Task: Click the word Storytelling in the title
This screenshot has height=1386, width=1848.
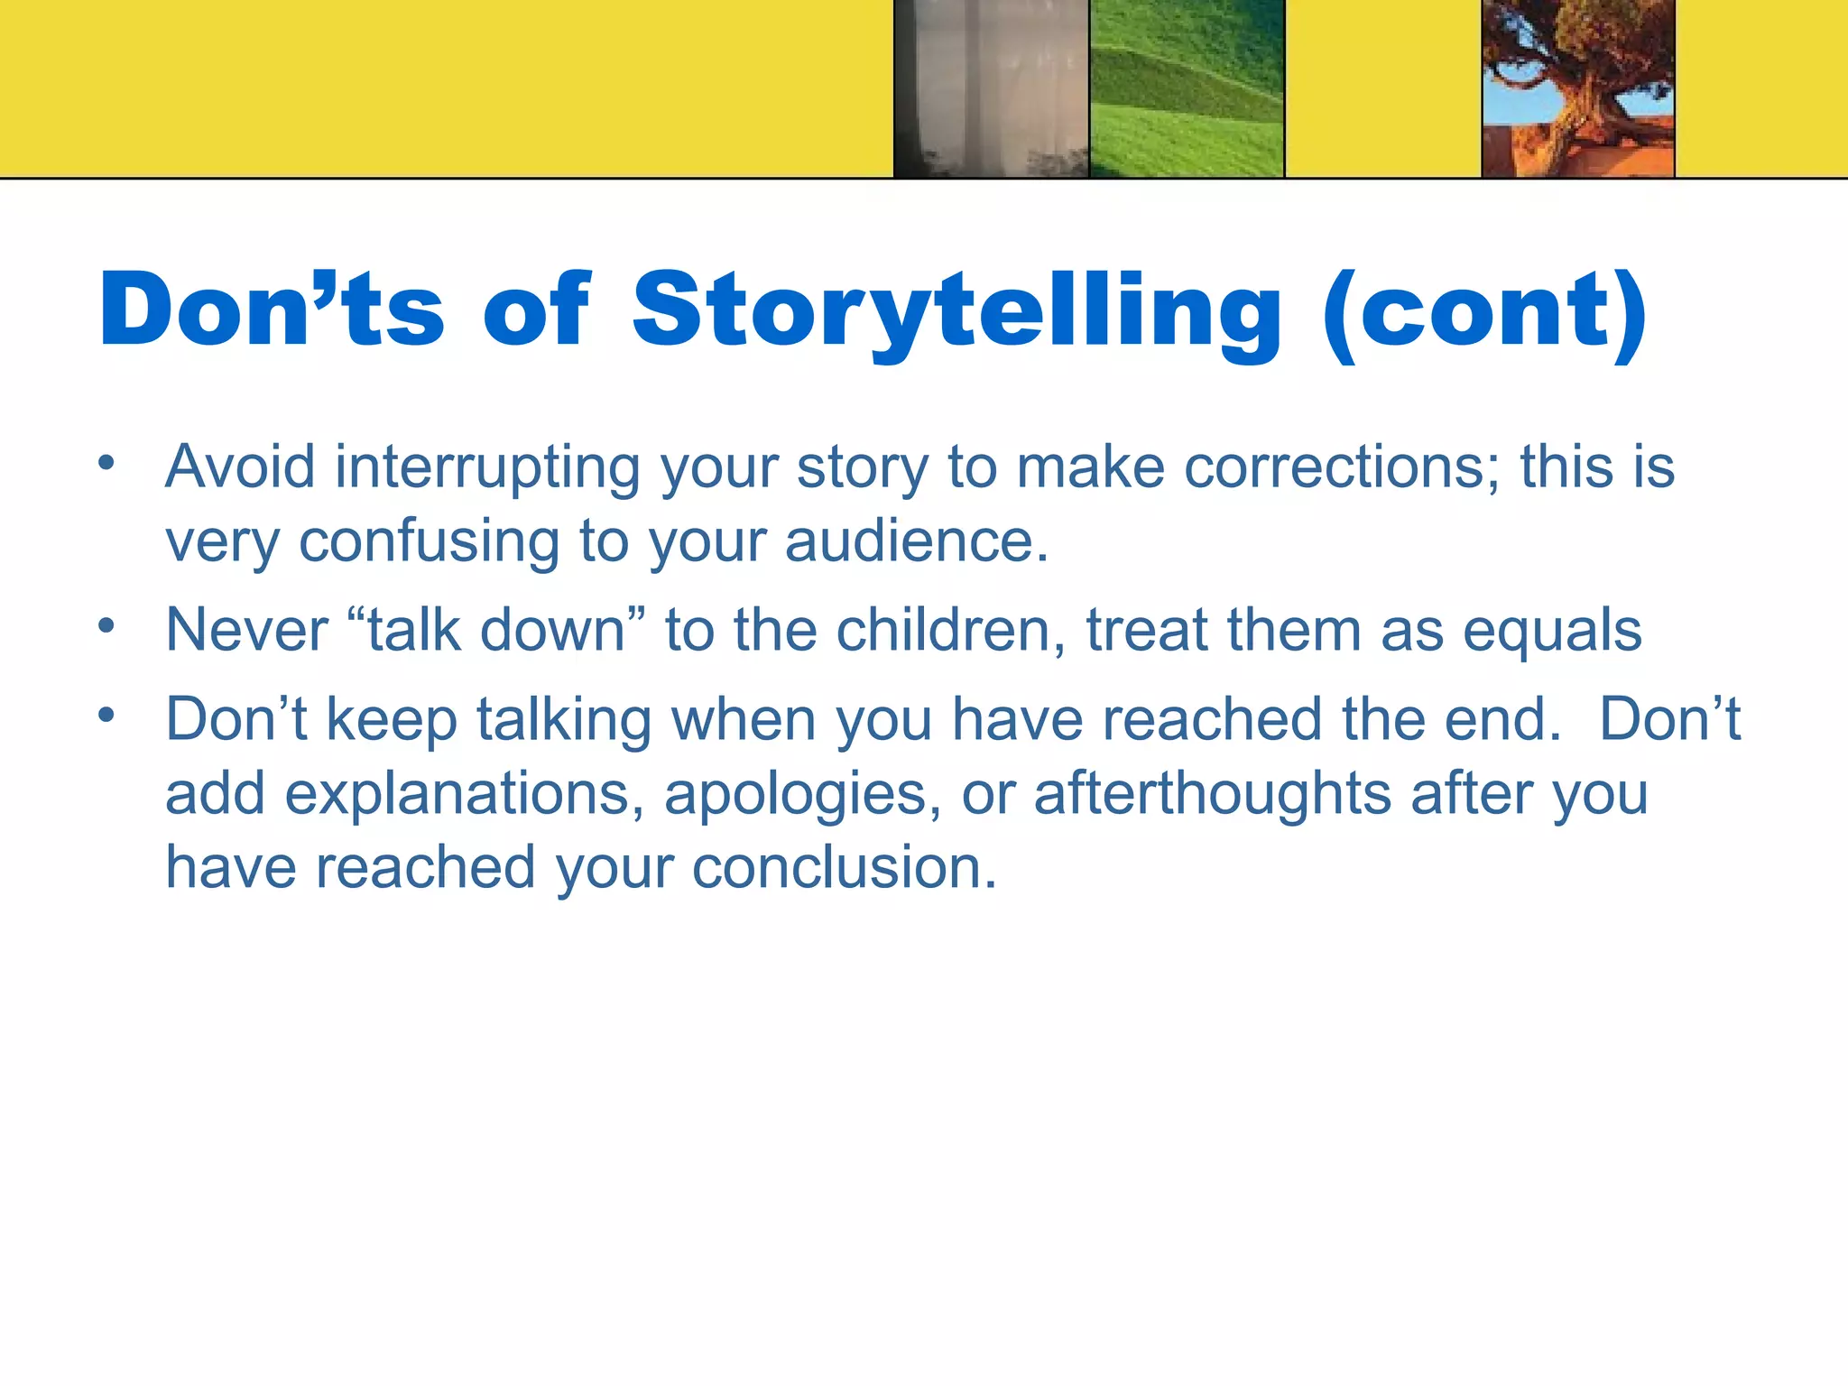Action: coord(956,311)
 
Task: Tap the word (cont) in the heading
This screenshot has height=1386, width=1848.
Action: coord(1485,311)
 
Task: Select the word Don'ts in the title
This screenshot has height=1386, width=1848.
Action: coord(272,311)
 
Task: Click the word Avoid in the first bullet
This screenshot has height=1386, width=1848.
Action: coord(240,467)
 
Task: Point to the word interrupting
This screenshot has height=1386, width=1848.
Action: coord(487,467)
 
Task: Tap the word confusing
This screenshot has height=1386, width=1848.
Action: coord(429,541)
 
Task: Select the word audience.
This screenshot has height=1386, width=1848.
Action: coord(917,541)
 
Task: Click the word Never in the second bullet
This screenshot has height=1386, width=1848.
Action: coord(246,630)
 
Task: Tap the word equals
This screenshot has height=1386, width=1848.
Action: coord(1552,630)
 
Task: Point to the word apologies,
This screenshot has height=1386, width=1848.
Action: coord(803,794)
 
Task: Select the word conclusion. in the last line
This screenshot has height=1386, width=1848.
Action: coord(845,868)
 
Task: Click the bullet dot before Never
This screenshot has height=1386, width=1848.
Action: coord(107,625)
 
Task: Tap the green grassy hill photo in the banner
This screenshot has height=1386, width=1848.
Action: coord(1187,88)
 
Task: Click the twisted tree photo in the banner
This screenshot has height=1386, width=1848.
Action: coord(1578,88)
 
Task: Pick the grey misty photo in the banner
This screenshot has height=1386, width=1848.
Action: coord(991,88)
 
